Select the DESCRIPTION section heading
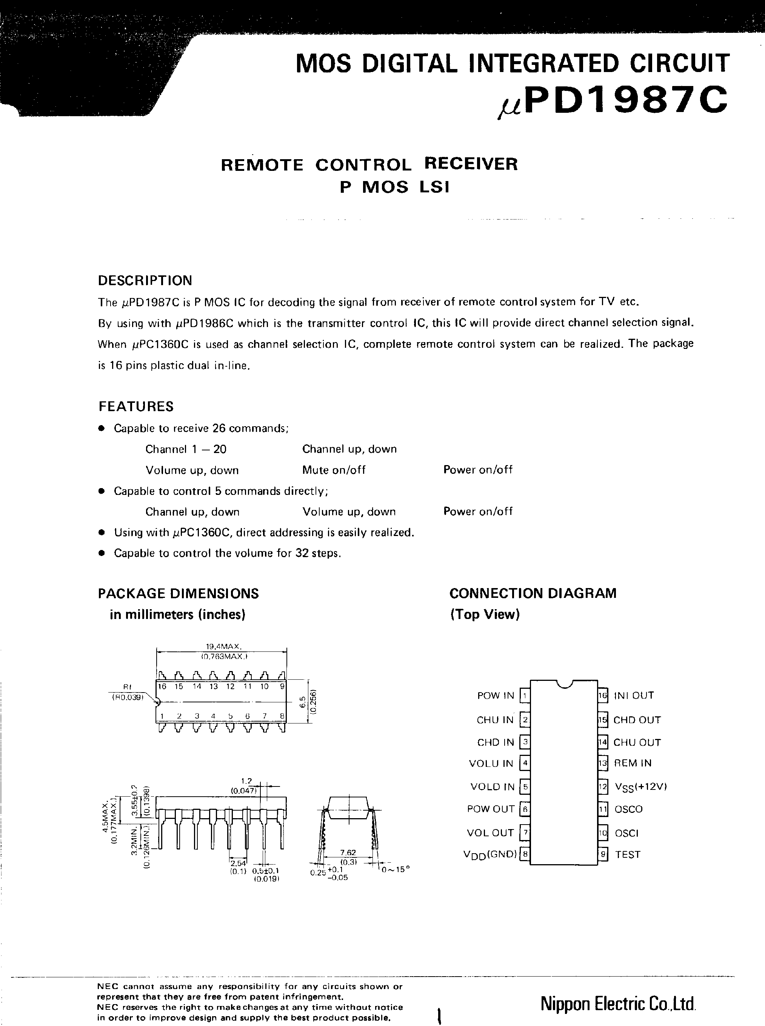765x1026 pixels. coord(145,280)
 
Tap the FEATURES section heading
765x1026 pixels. coord(136,406)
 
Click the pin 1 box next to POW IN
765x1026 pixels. coord(525,695)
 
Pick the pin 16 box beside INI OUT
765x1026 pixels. coord(602,695)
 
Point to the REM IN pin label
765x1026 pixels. coord(633,763)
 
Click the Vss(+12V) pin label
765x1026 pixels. coord(640,787)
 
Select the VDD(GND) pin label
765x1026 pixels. coord(490,855)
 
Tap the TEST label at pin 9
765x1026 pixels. coord(628,855)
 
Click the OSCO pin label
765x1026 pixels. coord(628,809)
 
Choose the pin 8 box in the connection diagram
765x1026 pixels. coord(525,854)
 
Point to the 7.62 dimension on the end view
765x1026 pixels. coord(348,852)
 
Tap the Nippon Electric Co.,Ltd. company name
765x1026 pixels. coord(618,1004)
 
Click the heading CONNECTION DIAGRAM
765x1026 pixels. coord(533,593)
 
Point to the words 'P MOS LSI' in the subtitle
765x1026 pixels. coord(394,187)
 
